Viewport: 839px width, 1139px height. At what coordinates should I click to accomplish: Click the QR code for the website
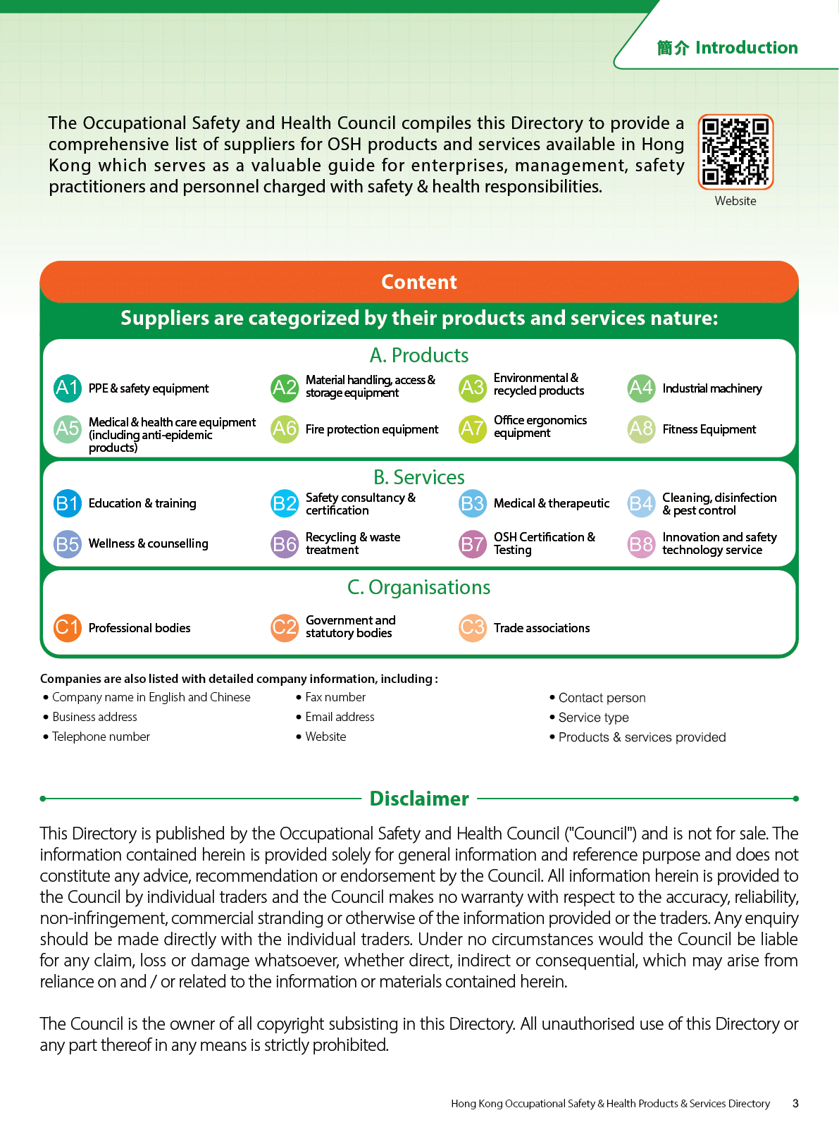tap(735, 152)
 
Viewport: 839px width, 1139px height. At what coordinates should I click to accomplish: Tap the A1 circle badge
tap(68, 388)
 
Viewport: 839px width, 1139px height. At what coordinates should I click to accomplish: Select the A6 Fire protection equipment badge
tap(285, 429)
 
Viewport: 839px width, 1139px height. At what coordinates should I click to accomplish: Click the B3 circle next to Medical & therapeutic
tap(473, 503)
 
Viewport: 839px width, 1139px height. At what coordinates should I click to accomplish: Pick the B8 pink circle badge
tap(641, 544)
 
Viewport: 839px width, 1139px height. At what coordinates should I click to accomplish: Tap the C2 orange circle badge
tap(285, 627)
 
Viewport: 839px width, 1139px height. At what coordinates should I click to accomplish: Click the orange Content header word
tap(419, 282)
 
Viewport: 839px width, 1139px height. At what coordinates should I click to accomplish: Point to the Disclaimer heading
tap(419, 799)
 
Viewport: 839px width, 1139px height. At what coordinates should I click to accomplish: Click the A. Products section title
tap(419, 355)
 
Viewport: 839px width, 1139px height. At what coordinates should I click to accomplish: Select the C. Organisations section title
tap(419, 587)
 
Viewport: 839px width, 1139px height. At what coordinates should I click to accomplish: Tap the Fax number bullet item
tap(335, 697)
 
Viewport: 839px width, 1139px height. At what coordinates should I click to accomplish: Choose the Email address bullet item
tap(340, 717)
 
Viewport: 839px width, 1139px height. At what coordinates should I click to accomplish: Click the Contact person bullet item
tap(602, 698)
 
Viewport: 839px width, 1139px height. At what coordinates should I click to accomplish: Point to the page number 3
tap(795, 1104)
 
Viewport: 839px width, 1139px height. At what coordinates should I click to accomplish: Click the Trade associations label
tap(542, 628)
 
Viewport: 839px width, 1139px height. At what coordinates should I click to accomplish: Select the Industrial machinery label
tap(712, 388)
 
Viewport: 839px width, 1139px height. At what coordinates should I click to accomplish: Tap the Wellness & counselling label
tap(149, 543)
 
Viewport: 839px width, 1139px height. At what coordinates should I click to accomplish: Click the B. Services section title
tap(419, 477)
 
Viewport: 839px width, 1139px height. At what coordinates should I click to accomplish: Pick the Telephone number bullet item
tap(101, 737)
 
